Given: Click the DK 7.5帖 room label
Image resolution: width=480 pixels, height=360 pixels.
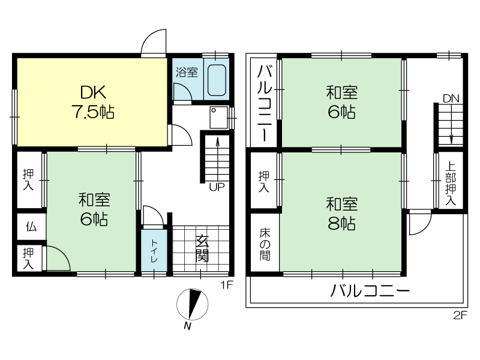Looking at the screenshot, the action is click(94, 101).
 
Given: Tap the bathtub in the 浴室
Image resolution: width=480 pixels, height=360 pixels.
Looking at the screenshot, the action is click(217, 80).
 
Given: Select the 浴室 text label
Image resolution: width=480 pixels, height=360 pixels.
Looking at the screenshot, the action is click(187, 72).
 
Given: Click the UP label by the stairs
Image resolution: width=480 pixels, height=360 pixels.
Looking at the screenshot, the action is click(217, 187).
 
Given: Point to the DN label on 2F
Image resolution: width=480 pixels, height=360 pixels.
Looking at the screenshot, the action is click(451, 98).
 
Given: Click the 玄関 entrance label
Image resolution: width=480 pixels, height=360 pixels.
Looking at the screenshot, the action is click(202, 248).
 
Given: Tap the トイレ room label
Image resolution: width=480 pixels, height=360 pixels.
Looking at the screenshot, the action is click(154, 251).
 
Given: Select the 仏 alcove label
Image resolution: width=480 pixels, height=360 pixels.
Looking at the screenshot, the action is click(31, 227).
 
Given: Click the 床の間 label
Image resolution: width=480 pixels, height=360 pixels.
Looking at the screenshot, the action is click(265, 244).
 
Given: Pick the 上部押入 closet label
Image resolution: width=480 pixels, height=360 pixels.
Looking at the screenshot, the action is click(451, 183).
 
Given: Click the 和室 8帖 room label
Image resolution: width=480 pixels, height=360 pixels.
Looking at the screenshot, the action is click(341, 214).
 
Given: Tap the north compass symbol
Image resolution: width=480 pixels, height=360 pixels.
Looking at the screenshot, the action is click(193, 304).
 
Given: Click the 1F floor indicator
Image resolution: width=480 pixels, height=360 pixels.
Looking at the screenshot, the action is click(227, 286).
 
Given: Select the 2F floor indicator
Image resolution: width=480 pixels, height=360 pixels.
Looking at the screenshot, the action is click(460, 315).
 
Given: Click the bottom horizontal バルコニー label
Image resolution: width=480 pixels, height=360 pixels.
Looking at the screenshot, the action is click(370, 290).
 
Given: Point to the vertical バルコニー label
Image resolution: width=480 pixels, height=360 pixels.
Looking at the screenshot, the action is click(265, 103).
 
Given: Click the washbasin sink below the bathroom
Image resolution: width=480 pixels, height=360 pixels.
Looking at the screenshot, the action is click(218, 117).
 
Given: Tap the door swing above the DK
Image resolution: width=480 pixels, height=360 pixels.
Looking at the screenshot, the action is click(154, 41).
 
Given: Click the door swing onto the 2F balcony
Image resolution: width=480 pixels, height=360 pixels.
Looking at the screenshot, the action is click(421, 223).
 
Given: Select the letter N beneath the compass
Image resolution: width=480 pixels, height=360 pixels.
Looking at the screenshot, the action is click(187, 326).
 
